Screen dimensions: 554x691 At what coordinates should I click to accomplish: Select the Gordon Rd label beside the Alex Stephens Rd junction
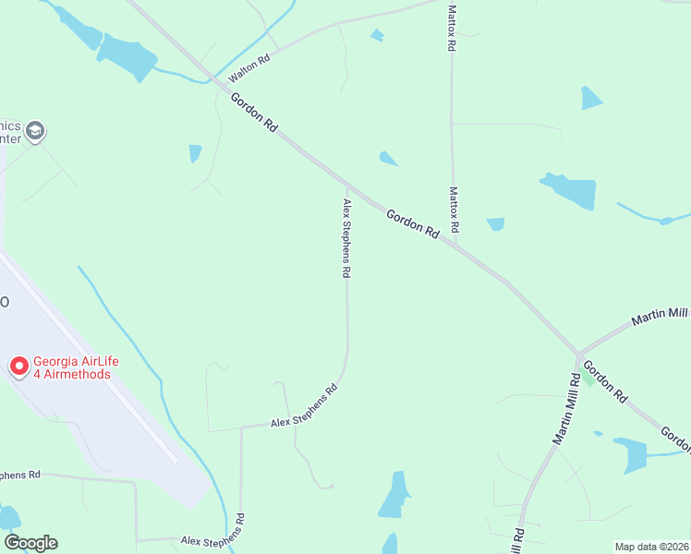click(x=412, y=224)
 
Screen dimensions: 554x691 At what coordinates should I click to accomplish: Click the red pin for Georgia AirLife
click(x=18, y=367)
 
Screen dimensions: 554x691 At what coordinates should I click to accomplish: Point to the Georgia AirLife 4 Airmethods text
click(x=72, y=368)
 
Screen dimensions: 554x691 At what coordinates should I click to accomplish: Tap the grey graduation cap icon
click(x=36, y=132)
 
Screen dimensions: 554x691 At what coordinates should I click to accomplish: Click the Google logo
click(x=30, y=543)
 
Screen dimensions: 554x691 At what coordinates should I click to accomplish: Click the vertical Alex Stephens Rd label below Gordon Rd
click(x=347, y=238)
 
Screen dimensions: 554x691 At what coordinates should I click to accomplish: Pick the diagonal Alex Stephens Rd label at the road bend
click(x=305, y=405)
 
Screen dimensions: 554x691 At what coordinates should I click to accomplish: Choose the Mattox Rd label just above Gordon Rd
click(x=454, y=210)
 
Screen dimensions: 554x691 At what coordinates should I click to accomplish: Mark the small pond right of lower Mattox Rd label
click(x=496, y=223)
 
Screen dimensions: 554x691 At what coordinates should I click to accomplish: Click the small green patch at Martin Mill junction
click(x=588, y=377)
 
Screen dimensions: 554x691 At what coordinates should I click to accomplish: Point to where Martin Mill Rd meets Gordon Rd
click(x=579, y=355)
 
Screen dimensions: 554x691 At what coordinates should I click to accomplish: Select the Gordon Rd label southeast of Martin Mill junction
click(x=605, y=381)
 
